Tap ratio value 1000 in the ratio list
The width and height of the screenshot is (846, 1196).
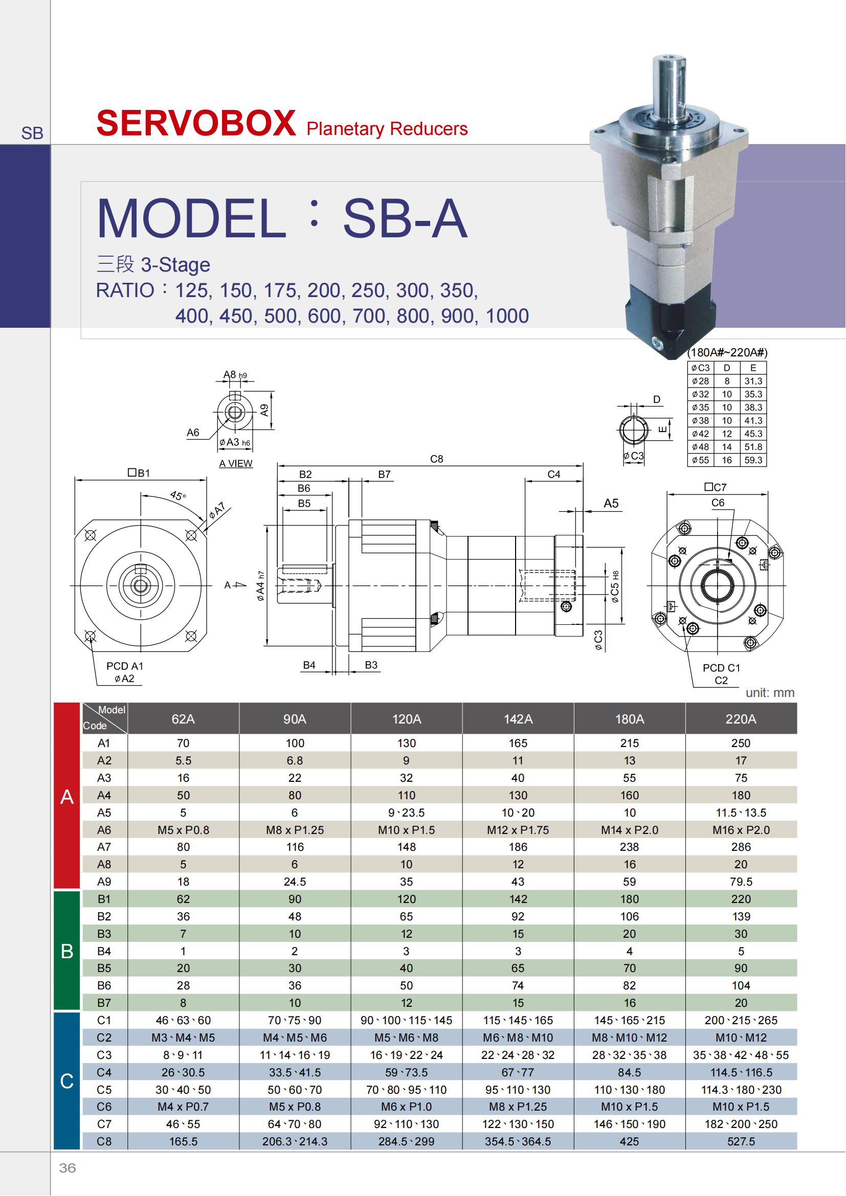pos(507,315)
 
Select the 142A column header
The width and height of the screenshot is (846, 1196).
pos(518,719)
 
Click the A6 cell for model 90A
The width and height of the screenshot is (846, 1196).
pos(295,830)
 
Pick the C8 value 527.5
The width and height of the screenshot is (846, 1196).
pos(741,1141)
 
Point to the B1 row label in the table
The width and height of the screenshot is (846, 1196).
pos(104,898)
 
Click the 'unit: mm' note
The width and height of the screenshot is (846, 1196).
pos(770,692)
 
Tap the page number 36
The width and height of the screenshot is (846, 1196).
pos(67,1168)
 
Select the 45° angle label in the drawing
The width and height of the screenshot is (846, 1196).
pos(177,495)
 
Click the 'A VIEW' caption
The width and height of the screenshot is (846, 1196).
pos(235,463)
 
